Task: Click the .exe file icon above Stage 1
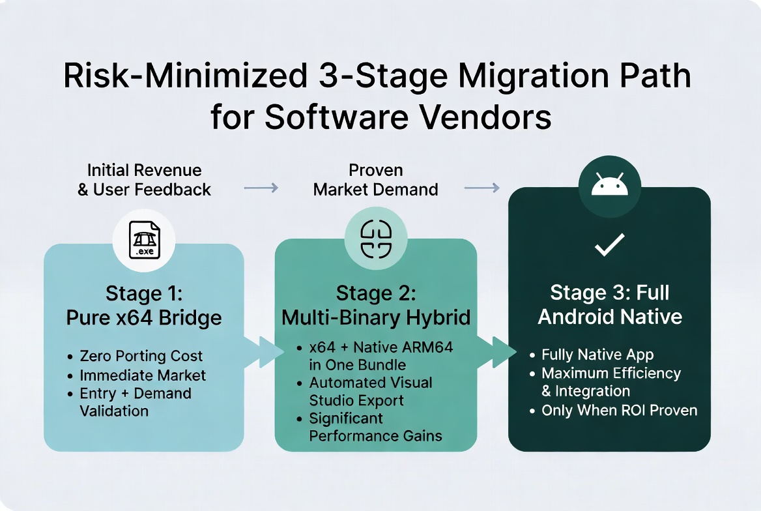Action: pos(144,239)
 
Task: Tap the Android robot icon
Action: pos(610,185)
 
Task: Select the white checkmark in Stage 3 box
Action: pos(610,244)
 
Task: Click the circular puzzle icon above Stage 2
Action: pos(376,238)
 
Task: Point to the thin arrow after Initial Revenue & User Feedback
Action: pos(261,188)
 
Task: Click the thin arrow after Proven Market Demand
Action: pos(482,188)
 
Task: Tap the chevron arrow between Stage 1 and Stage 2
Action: pos(265,352)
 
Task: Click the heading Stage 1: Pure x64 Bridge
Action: pos(143,306)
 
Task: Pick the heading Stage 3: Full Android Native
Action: pos(610,304)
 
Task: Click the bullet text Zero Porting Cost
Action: pos(141,356)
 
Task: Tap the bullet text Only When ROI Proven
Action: pos(619,411)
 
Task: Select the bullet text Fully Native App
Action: pos(597,355)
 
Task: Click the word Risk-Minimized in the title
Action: pos(186,76)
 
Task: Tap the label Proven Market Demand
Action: pos(376,180)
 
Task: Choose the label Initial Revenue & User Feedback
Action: pos(144,180)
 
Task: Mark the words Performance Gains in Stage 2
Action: pos(376,435)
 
